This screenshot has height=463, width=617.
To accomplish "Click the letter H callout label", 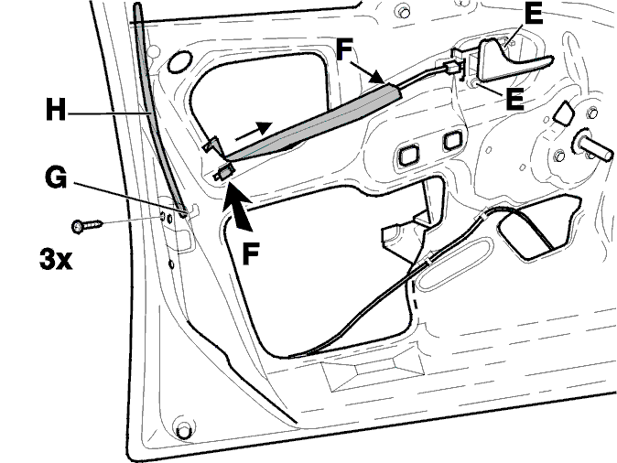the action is pos(56,110).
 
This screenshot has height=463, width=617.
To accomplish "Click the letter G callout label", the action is pos(56,178).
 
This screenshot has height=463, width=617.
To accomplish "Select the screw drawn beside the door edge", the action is pos(87,226).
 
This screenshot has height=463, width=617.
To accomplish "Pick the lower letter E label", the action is pos(514,99).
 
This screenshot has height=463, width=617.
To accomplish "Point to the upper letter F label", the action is pos(345,50).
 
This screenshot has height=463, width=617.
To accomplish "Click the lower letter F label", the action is pos(251,253).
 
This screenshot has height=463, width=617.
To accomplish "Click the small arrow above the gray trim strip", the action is pos(254,131).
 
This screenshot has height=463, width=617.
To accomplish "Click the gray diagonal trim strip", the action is pos(315,123).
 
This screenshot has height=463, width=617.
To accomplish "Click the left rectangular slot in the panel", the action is pos(407,155).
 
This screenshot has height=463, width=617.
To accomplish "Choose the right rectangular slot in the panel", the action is pos(452,141).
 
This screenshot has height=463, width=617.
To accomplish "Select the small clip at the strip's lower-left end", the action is pos(224,172).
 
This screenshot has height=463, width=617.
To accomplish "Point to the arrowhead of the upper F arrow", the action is pos(376,77).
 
